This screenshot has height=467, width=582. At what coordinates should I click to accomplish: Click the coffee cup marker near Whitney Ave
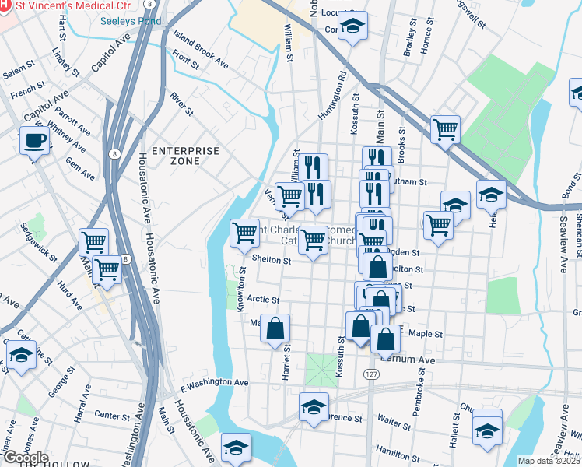pyautogui.click(x=33, y=142)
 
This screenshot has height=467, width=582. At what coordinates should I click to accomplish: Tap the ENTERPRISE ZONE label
pyautogui.click(x=175, y=155)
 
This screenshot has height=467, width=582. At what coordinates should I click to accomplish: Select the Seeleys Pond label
pyautogui.click(x=131, y=21)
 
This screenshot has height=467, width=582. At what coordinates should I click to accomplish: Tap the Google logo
pyautogui.click(x=26, y=458)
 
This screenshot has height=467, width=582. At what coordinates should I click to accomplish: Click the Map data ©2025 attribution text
pyautogui.click(x=548, y=461)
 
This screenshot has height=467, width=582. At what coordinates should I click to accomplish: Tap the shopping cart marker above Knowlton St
pyautogui.click(x=244, y=231)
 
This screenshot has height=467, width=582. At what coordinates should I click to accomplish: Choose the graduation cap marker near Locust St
pyautogui.click(x=352, y=26)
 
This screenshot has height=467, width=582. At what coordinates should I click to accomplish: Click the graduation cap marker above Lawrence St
pyautogui.click(x=314, y=406)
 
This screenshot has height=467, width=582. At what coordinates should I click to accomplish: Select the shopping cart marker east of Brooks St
pyautogui.click(x=445, y=128)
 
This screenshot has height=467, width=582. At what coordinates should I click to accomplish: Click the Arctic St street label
pyautogui.click(x=262, y=299)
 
